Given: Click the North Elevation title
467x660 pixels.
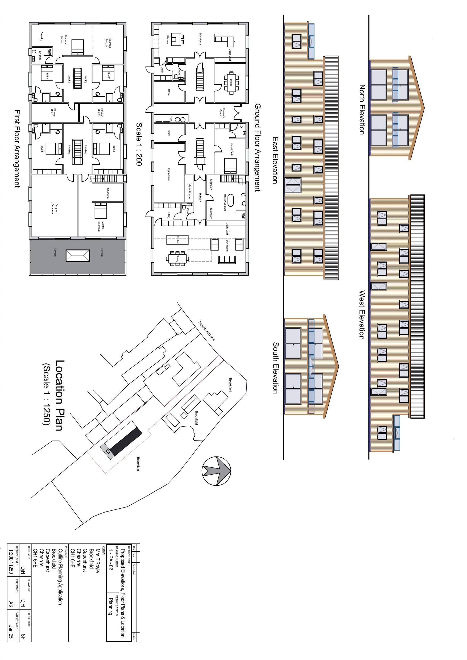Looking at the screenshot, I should coord(362,109).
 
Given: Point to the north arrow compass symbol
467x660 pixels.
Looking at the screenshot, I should coord(216,471).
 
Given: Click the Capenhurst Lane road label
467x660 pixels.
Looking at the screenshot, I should coord(206,331).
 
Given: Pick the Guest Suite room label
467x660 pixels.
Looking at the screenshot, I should coord(232,150).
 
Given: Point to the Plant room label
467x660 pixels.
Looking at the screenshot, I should coord(171,118).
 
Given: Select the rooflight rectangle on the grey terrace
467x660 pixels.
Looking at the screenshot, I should coord(78,256).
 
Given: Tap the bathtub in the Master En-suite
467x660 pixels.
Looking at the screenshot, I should coord(231,200).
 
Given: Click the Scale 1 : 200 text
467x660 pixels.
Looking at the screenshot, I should coord(139,144).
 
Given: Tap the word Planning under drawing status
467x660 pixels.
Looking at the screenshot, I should coord(110,606).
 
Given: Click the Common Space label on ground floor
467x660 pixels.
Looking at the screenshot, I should coord(222,113).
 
